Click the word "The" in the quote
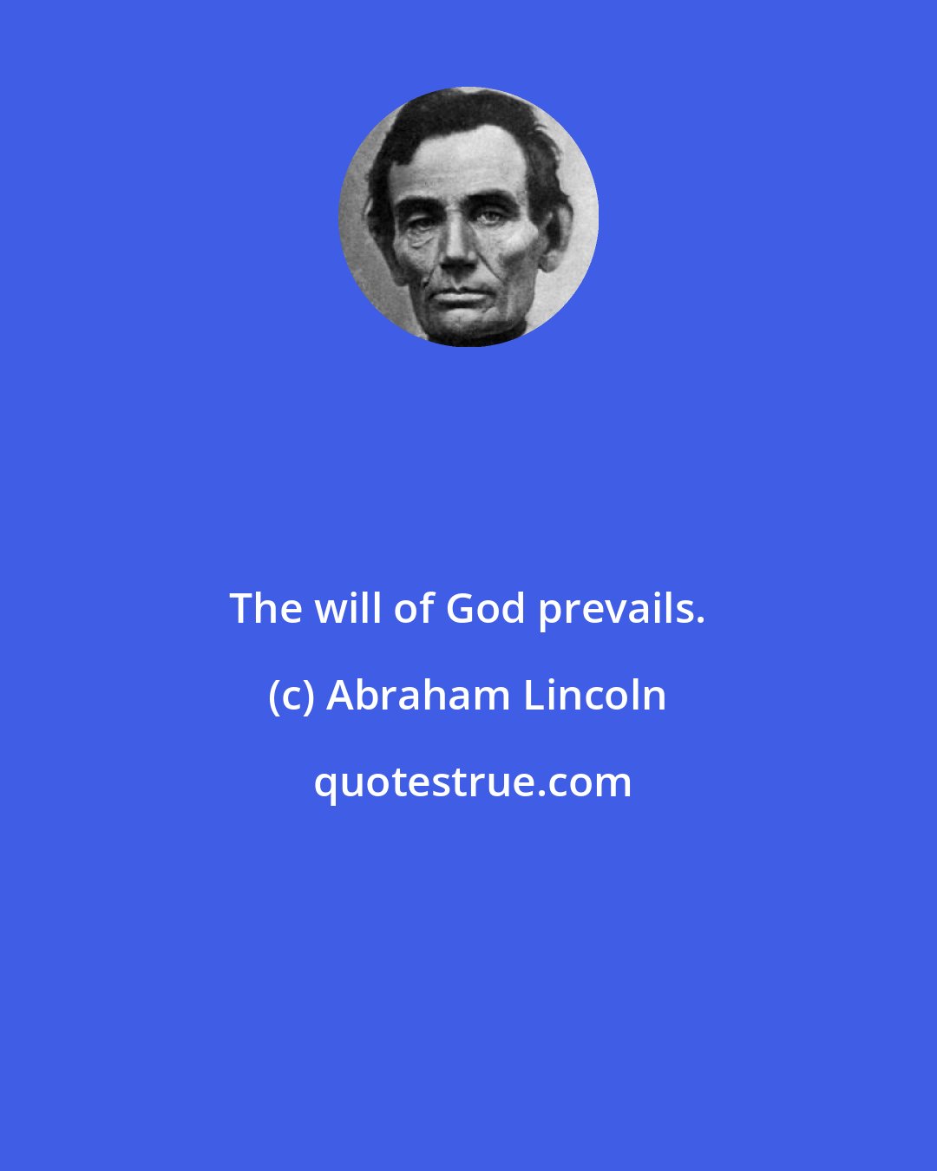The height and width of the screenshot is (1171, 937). click(x=264, y=609)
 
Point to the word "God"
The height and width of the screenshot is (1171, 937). click(x=486, y=609)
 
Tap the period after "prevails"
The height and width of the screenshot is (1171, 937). click(x=699, y=621)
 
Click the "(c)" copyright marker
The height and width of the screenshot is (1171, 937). click(x=292, y=697)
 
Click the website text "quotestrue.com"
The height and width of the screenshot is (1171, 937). click(x=472, y=783)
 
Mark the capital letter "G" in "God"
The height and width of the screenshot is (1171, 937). click(x=462, y=609)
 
